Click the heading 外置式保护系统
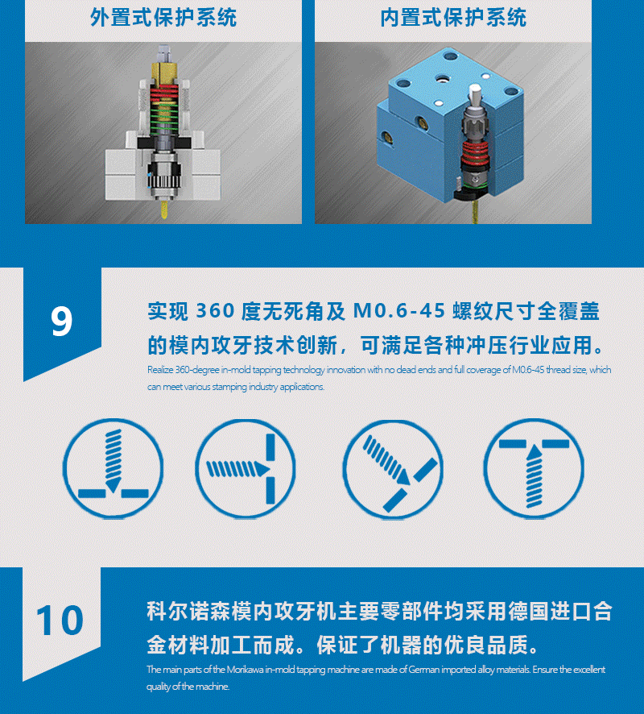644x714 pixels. (x=163, y=18)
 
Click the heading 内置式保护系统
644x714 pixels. (x=453, y=18)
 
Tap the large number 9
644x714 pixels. (x=61, y=322)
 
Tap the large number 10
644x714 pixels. (x=60, y=621)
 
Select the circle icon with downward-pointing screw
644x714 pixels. (x=114, y=468)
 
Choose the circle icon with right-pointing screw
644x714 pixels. (x=246, y=468)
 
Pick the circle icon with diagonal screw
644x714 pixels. (x=393, y=468)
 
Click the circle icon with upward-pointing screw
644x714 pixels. (x=534, y=468)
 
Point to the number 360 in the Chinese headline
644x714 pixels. (x=215, y=311)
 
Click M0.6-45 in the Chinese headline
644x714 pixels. (x=398, y=311)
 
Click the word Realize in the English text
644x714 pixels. (x=160, y=370)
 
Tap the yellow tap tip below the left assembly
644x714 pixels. (x=164, y=211)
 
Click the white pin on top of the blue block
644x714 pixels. (x=474, y=94)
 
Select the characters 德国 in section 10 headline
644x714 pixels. (x=528, y=611)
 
